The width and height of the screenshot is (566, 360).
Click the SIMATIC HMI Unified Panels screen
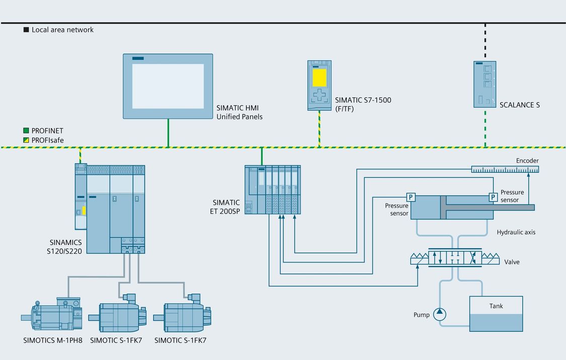click(168, 86)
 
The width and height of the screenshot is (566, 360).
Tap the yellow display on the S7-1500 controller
click(319, 78)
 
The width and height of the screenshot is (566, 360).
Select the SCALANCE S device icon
click(484, 84)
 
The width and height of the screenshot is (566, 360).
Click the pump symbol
click(440, 314)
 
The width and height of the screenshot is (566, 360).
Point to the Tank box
click(496, 314)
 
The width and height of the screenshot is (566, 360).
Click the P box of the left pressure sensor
click(411, 197)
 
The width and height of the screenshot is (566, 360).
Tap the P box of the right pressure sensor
click(493, 197)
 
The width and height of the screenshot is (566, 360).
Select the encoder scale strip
click(505, 169)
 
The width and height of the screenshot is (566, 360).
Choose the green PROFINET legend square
click(27, 131)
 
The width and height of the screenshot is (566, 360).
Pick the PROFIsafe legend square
click(27, 140)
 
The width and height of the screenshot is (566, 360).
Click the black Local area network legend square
click(27, 30)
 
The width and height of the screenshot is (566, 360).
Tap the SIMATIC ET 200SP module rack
click(273, 190)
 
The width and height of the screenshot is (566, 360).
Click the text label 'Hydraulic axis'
click(516, 232)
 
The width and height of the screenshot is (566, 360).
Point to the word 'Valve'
click(512, 262)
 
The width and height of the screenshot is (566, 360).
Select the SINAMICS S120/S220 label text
click(66, 246)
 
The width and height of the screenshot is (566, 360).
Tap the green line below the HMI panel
click(168, 133)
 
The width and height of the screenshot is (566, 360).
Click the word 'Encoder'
click(527, 161)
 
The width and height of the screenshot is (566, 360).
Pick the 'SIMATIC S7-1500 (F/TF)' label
click(363, 104)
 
